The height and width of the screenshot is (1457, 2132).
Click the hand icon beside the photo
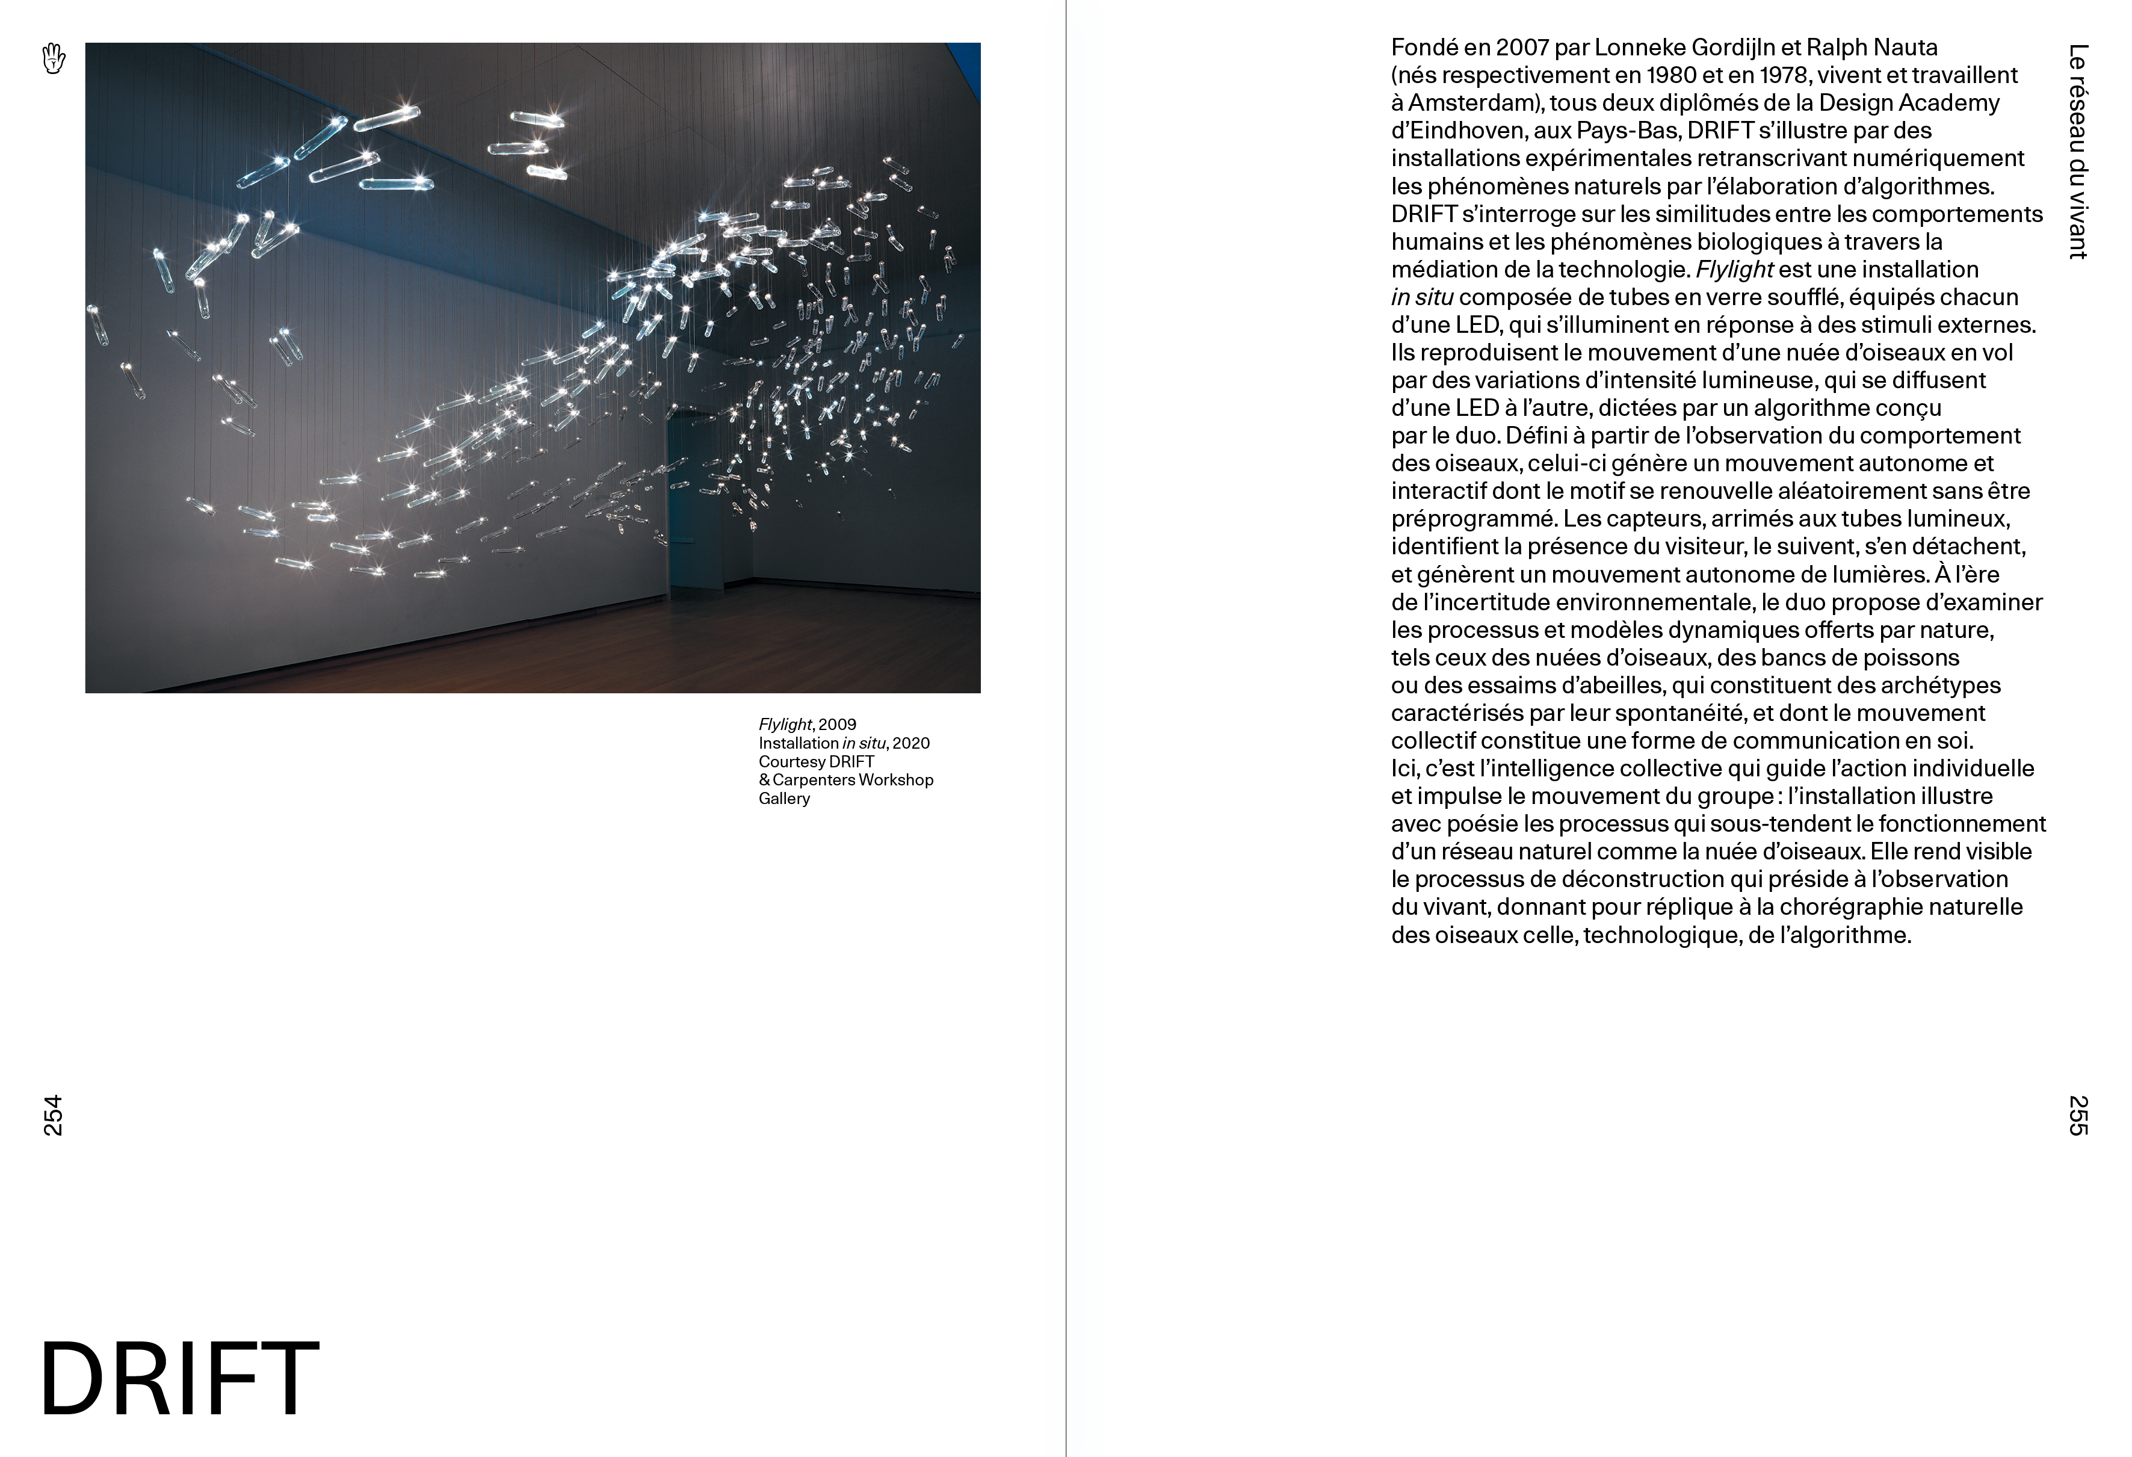[54, 59]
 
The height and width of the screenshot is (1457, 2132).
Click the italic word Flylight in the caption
[784, 725]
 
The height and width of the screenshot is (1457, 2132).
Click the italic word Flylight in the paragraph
[1734, 270]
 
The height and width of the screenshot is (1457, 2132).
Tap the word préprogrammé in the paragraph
[1472, 519]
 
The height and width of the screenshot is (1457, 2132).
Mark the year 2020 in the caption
[911, 743]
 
